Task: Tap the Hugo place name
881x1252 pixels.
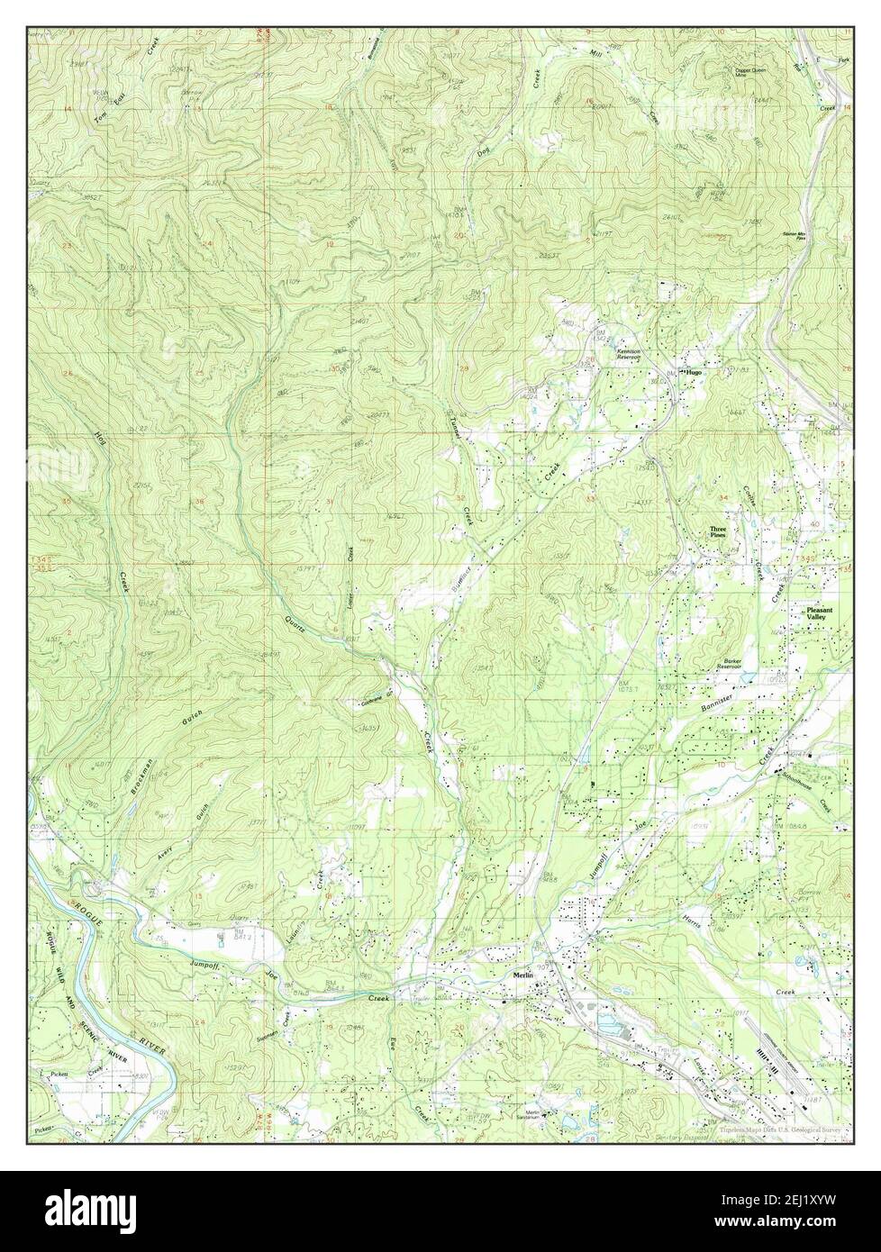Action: tap(693, 371)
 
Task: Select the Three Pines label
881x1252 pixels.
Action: tap(717, 532)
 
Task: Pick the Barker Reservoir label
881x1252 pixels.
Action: tap(729, 664)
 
